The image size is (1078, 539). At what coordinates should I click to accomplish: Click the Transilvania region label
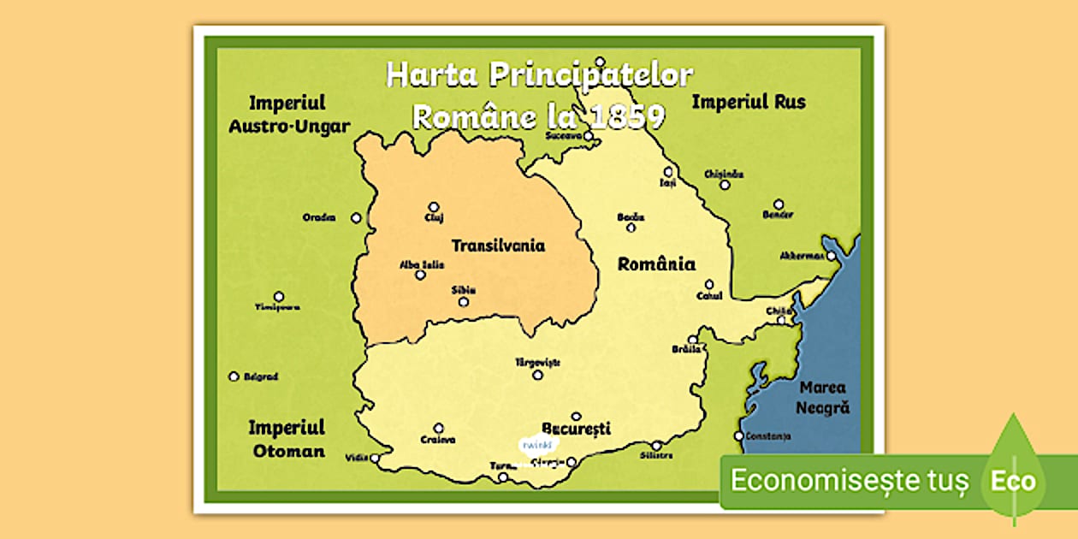498,246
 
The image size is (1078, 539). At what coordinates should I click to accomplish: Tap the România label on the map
656,264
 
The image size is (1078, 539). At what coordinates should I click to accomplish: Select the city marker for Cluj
434,206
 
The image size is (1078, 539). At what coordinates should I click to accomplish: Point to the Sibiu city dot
463,301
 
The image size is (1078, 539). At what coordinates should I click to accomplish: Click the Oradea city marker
356,218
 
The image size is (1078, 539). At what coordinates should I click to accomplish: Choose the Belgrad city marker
234,376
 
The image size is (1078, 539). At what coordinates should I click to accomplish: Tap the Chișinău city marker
725,184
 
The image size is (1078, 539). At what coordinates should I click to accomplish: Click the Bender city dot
778,204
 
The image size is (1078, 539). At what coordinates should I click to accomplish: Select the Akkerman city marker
830,255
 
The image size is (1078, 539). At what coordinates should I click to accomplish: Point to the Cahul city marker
708,284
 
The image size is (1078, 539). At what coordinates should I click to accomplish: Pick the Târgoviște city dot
537,374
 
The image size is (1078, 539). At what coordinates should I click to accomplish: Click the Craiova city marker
438,428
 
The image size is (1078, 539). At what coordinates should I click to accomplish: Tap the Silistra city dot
656,445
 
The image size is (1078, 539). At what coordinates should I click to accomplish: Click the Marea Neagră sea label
823,398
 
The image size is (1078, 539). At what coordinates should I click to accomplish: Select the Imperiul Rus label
748,102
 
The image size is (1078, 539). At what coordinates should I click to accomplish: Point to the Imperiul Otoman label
287,438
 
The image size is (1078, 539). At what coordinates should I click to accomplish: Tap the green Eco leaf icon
1013,476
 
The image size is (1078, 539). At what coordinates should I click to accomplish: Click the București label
576,428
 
